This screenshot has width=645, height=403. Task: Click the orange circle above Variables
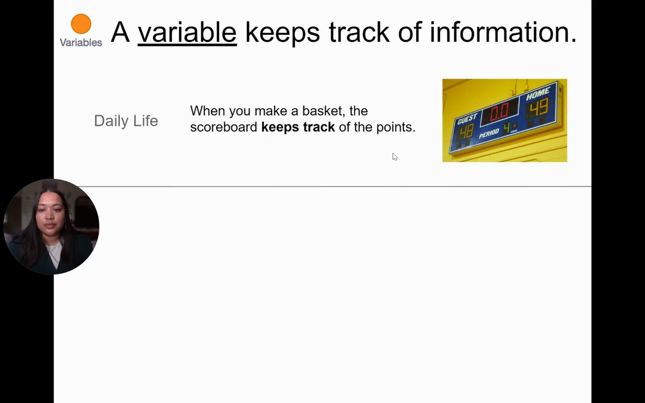pyautogui.click(x=81, y=24)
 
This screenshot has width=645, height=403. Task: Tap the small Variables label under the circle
pyautogui.click(x=81, y=43)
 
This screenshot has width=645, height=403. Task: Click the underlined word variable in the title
pyautogui.click(x=187, y=32)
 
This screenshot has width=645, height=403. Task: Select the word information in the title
pyautogui.click(x=503, y=32)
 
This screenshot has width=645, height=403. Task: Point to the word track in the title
pyautogui.click(x=359, y=32)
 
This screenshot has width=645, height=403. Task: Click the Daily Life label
pyautogui.click(x=126, y=121)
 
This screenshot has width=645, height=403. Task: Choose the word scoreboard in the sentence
pyautogui.click(x=224, y=127)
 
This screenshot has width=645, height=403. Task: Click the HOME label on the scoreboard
pyautogui.click(x=538, y=94)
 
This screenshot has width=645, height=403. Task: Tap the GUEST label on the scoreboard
pyautogui.click(x=467, y=118)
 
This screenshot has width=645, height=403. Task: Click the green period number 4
pyautogui.click(x=506, y=128)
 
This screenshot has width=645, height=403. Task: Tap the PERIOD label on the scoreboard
pyautogui.click(x=489, y=133)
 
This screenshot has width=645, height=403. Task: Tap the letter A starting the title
pyautogui.click(x=120, y=32)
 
